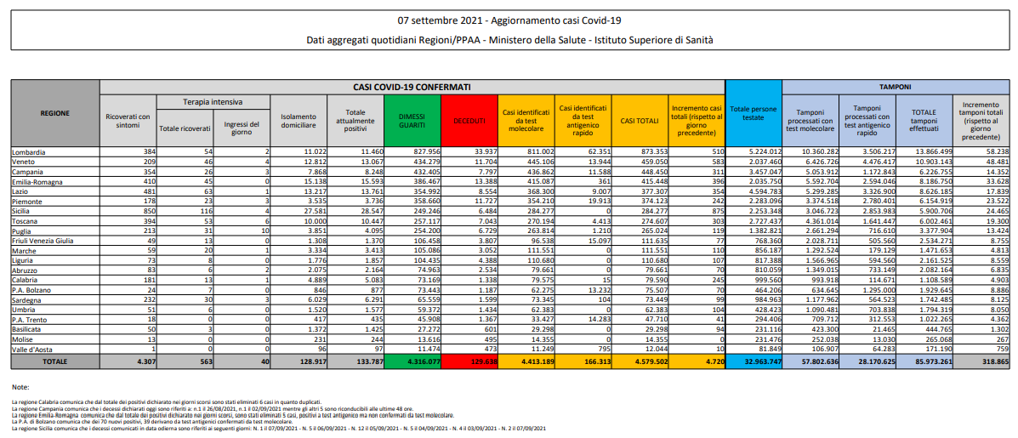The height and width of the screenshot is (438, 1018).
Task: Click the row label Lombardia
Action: click(31, 151)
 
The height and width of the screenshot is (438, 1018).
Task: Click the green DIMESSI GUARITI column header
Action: click(412, 122)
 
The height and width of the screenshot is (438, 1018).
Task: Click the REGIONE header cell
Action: click(54, 113)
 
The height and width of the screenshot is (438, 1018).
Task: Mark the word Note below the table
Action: click(20, 387)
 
